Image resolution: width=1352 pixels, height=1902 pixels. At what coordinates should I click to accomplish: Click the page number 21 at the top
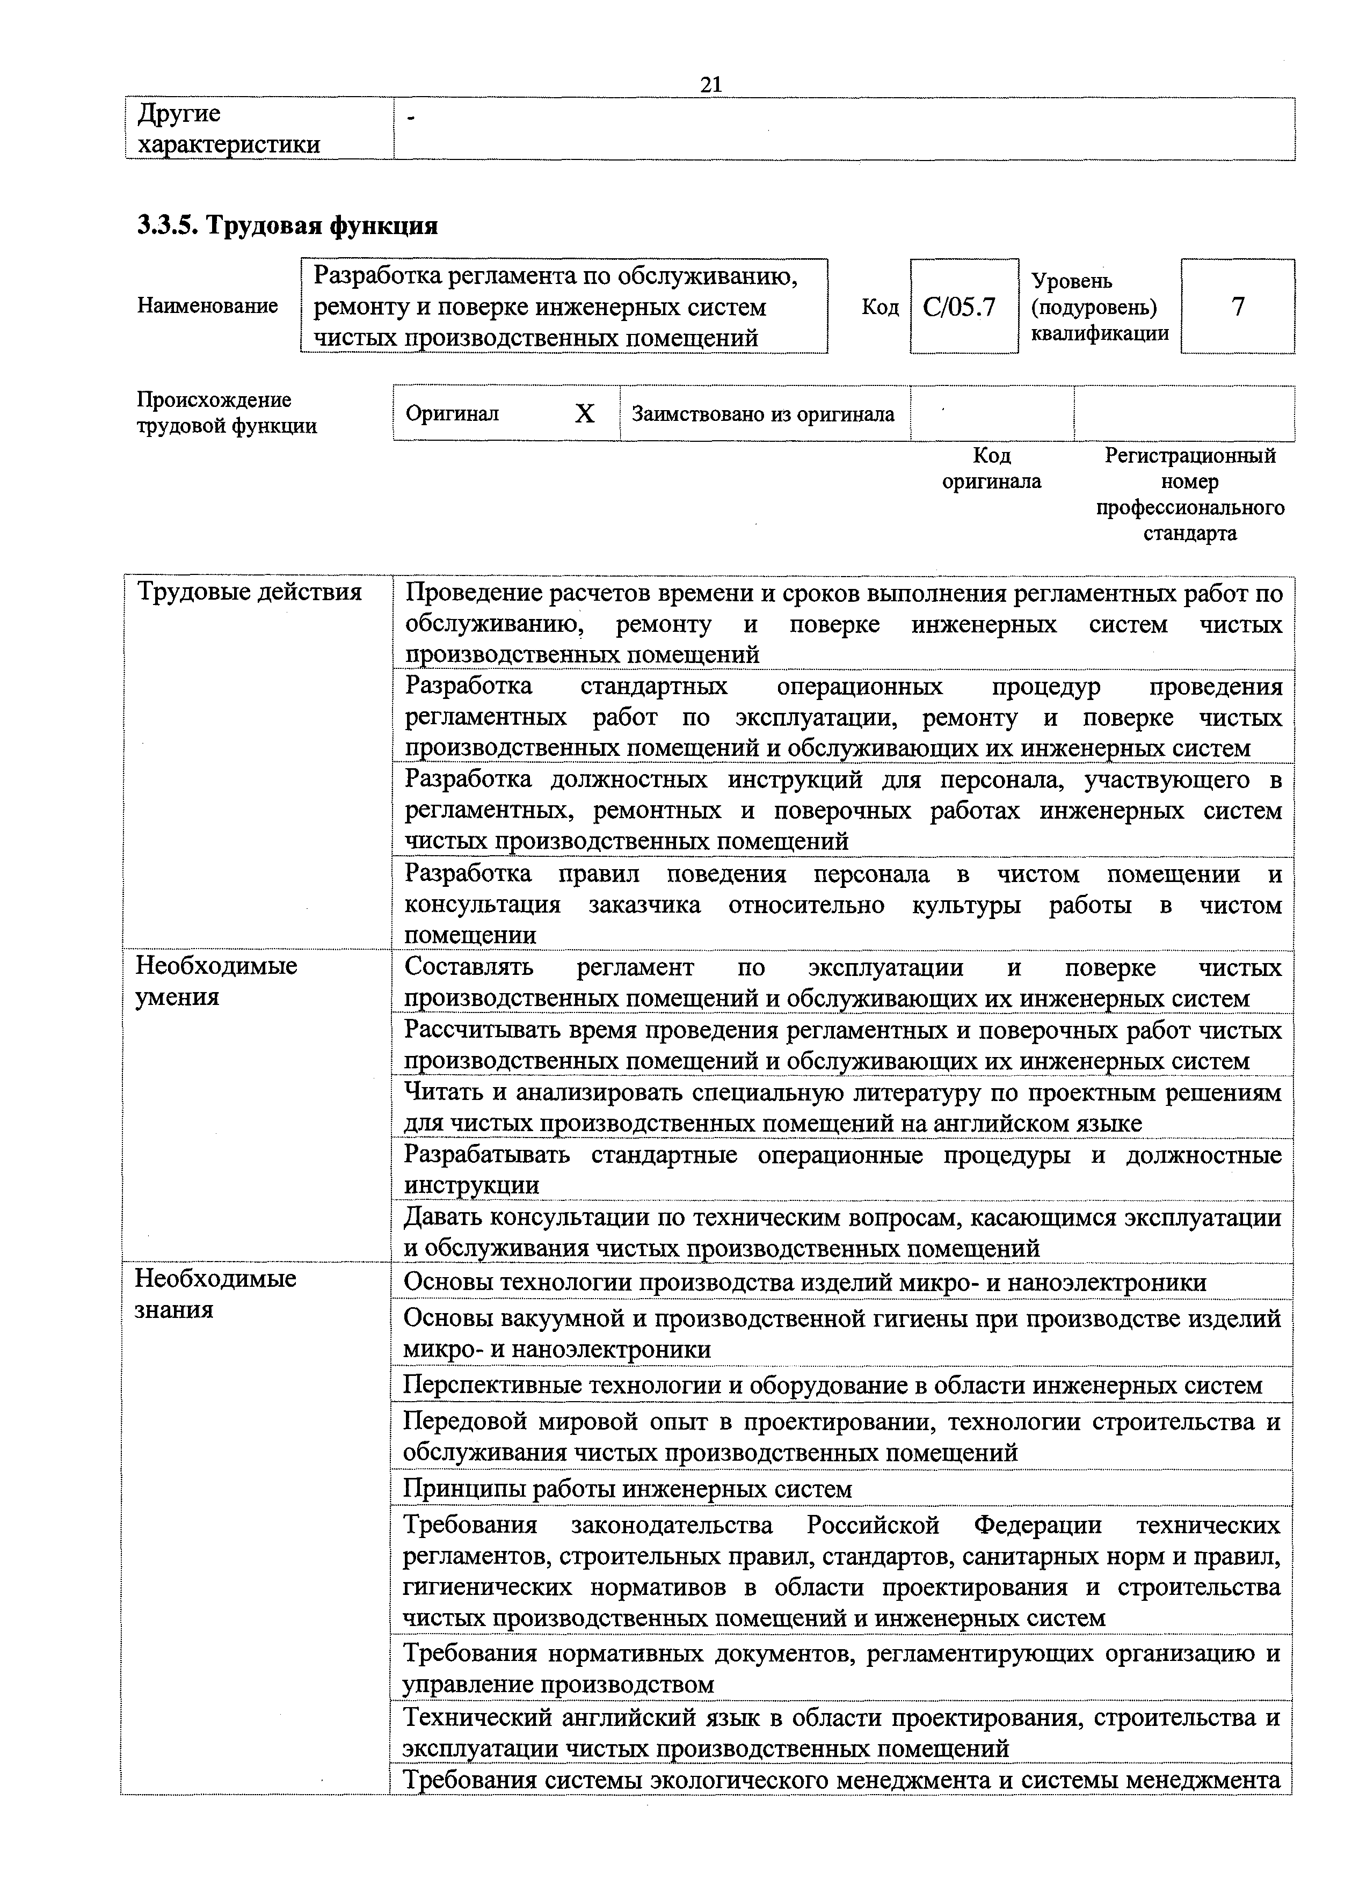[710, 84]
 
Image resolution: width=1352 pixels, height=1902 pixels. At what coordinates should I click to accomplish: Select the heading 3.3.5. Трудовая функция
[287, 225]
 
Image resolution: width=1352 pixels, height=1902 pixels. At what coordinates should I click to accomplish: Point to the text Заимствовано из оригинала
[762, 414]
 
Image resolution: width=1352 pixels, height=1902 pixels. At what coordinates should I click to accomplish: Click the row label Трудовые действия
[249, 592]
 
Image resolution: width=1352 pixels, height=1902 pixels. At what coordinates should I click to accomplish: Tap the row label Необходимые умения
[216, 981]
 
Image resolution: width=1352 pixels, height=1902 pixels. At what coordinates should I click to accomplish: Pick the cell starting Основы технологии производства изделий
[804, 1282]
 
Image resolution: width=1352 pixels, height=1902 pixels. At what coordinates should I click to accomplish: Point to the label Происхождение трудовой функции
[227, 413]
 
